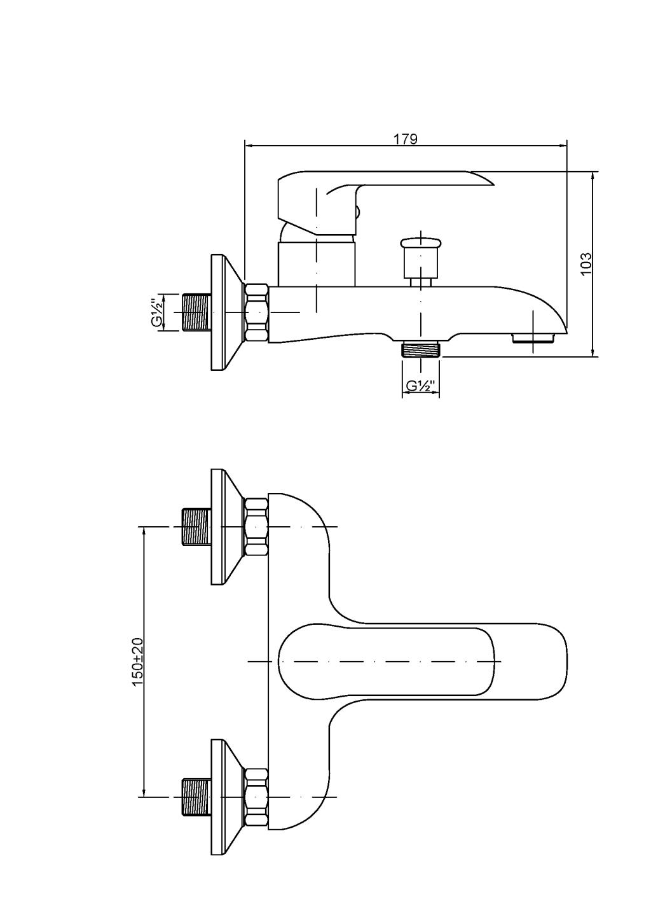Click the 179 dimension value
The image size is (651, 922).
pos(405,139)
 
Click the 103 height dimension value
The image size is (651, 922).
pos(586,263)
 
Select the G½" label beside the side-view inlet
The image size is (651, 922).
pos(157,312)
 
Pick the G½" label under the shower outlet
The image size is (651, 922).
pos(420,386)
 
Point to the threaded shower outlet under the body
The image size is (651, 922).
pos(421,350)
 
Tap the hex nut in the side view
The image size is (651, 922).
pos(256,312)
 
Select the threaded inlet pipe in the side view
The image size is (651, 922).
pos(196,312)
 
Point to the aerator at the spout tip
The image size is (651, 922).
pos(533,337)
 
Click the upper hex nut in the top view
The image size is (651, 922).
pos(256,527)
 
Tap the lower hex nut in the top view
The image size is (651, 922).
pos(256,797)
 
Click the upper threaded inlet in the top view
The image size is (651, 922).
pos(196,527)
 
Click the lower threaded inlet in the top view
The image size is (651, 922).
pos(196,797)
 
